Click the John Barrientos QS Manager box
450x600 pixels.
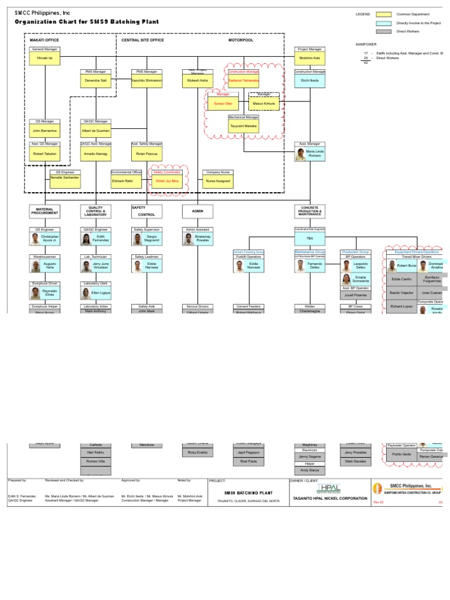click(x=45, y=130)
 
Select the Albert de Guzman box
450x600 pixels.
click(x=96, y=130)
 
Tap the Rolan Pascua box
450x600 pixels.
click(x=146, y=153)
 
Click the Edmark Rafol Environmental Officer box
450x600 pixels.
click(x=127, y=181)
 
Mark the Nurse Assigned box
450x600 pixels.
click(x=218, y=181)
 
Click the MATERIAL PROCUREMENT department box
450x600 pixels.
click(x=45, y=212)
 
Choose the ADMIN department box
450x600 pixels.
click(x=197, y=212)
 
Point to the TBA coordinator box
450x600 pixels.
click(x=309, y=238)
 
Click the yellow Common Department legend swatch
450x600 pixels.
click(x=384, y=14)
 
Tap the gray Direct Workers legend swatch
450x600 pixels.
click(x=384, y=32)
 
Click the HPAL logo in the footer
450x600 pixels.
click(x=328, y=488)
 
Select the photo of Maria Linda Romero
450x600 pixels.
click(x=301, y=154)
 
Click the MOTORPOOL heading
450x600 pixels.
click(x=241, y=40)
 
